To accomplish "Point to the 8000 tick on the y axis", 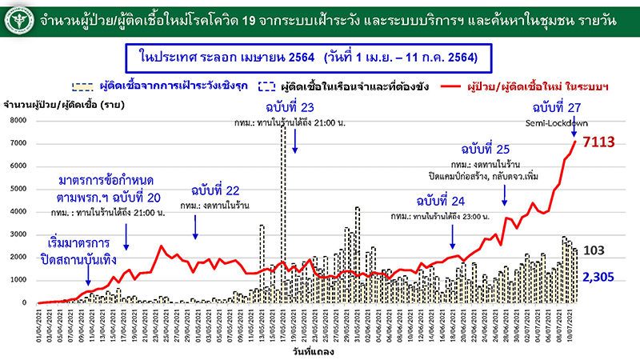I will pos(18,120).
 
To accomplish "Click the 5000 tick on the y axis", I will pos(18,189).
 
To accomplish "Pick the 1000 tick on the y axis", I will pos(18,280).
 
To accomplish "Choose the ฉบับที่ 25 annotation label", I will pos(486,150).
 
